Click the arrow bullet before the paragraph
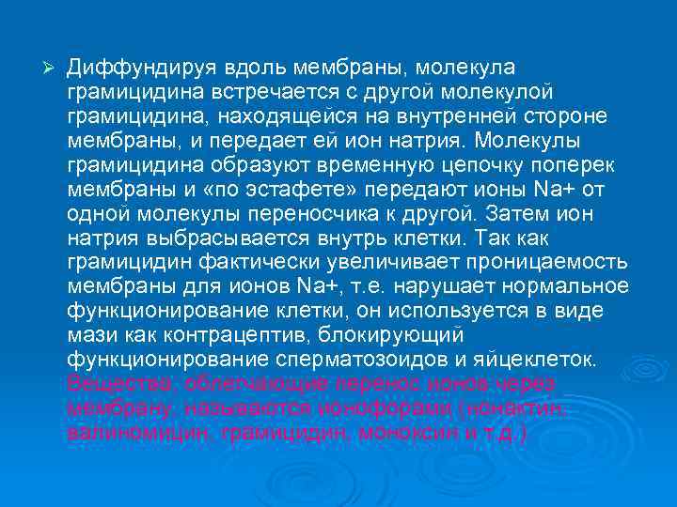[52, 70]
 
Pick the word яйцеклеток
[547, 359]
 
